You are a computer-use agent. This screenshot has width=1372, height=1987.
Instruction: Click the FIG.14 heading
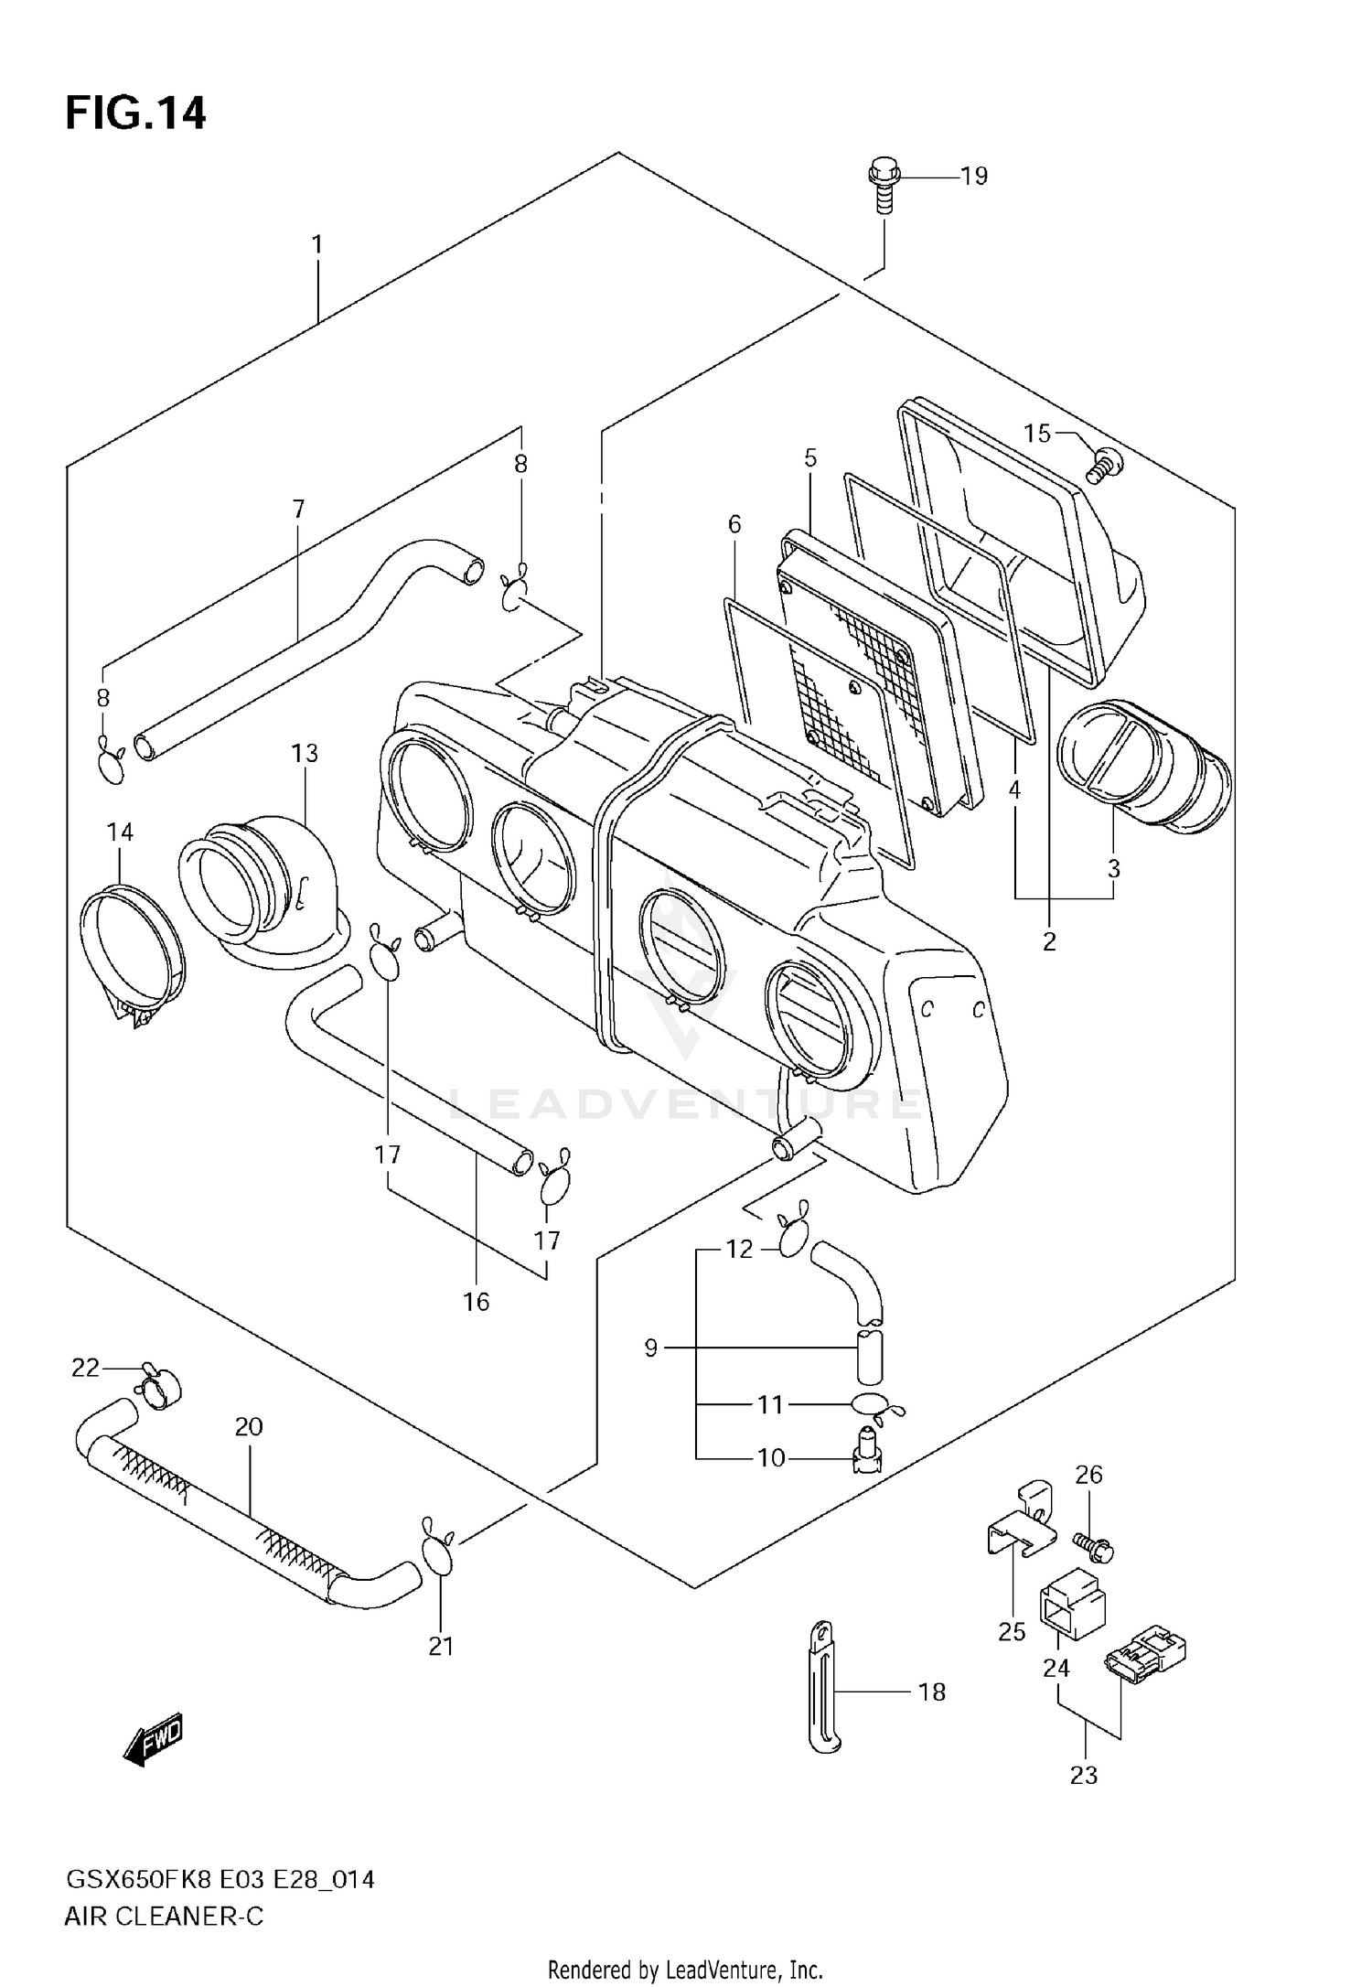pyautogui.click(x=135, y=114)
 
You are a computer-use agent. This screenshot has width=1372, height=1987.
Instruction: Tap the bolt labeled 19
pyautogui.click(x=884, y=187)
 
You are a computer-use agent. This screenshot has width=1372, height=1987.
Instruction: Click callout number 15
pyautogui.click(x=1036, y=433)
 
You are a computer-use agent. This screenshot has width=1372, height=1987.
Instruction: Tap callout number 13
pyautogui.click(x=305, y=753)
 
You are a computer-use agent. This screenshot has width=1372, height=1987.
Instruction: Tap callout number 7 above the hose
pyautogui.click(x=299, y=510)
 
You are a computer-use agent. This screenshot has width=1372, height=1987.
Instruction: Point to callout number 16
pyautogui.click(x=476, y=1301)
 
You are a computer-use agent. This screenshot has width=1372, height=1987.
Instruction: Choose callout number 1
pyautogui.click(x=316, y=244)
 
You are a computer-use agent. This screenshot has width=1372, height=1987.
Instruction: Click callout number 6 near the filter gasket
pyautogui.click(x=734, y=524)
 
